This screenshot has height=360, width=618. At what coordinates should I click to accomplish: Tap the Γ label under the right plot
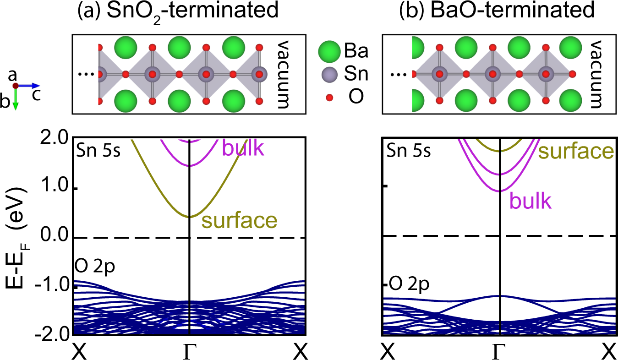point(499,352)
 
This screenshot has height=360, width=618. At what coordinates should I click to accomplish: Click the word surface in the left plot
point(240,221)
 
